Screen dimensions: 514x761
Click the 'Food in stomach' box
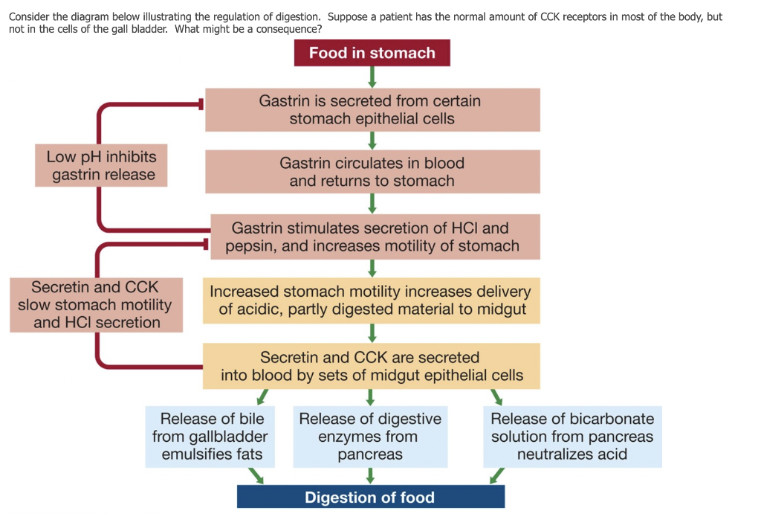coord(372,53)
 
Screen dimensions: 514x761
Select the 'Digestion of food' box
coord(370,497)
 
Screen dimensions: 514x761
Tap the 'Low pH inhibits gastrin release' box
coord(100,166)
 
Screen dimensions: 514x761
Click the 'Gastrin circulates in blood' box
coord(372,172)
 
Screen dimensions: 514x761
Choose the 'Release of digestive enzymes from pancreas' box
coord(370,437)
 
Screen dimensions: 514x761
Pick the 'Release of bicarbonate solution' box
coord(571,437)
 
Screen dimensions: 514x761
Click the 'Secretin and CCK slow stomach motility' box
coord(96,305)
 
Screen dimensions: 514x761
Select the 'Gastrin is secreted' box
coord(372,109)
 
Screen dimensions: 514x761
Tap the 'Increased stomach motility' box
coord(371,301)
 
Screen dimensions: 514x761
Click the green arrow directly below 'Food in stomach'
coord(372,77)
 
